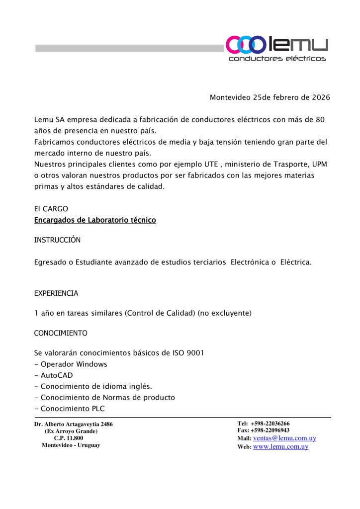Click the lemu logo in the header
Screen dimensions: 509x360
tap(276, 45)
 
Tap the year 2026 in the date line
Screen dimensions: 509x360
tap(321, 97)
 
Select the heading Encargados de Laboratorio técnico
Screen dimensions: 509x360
tap(95, 220)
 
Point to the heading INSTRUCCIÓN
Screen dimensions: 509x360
tap(57, 240)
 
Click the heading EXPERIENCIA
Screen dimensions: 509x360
tap(56, 293)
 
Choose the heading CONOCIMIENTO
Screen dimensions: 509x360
tap(61, 333)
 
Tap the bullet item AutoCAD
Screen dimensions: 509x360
tap(56, 375)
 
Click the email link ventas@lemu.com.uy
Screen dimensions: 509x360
tap(284, 438)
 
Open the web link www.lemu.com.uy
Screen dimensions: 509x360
tap(280, 447)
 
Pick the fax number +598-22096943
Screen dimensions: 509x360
tap(270, 430)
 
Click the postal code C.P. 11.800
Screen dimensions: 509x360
tap(69, 438)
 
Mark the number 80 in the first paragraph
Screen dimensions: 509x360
tap(321, 120)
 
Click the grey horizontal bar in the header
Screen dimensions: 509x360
tap(129, 48)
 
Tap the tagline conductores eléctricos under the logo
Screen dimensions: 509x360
tap(277, 59)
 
